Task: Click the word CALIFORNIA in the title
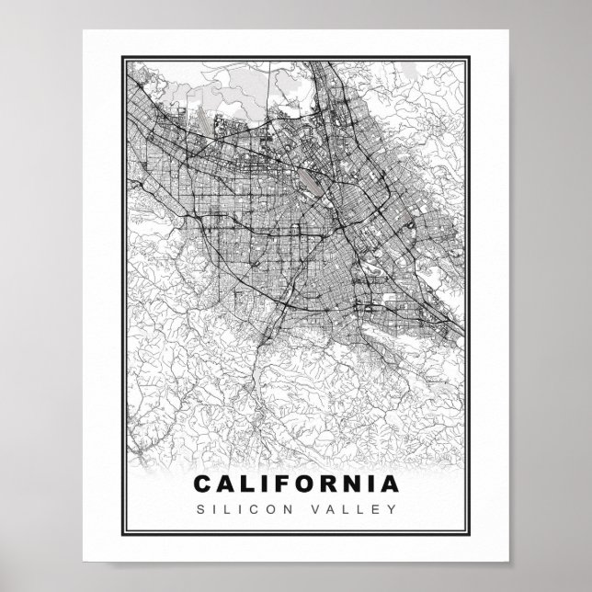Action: tap(297, 483)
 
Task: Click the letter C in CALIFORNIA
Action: tap(203, 483)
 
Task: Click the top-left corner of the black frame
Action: tap(120, 56)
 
